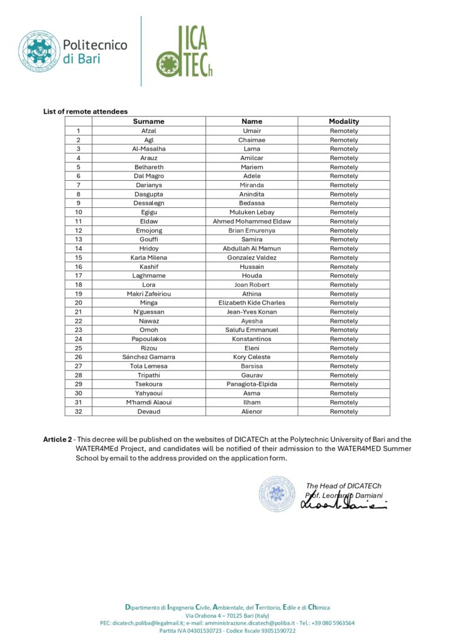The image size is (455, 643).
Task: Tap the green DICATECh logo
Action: [x=185, y=51]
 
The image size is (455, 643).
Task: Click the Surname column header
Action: [x=148, y=121]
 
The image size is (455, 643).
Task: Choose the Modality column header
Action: [x=344, y=121]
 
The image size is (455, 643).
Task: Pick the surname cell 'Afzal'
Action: [x=148, y=131]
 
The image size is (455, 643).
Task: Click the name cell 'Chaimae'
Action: [x=251, y=140]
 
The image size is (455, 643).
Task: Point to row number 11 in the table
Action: [x=79, y=221]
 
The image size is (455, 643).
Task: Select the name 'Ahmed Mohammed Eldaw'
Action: [x=251, y=221]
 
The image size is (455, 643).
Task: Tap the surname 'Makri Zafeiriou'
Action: [x=148, y=294]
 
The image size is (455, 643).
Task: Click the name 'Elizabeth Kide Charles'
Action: [x=251, y=303]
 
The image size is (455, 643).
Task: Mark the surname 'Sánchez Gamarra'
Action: [x=148, y=357]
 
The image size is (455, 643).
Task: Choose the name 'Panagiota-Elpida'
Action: [x=251, y=384]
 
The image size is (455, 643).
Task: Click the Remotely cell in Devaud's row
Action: [x=344, y=411]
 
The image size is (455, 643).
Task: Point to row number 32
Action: [x=79, y=411]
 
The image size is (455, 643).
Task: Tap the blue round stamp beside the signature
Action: [x=277, y=494]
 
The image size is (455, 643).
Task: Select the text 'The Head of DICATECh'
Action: [x=343, y=485]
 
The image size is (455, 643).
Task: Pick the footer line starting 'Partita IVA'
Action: [x=227, y=630]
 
